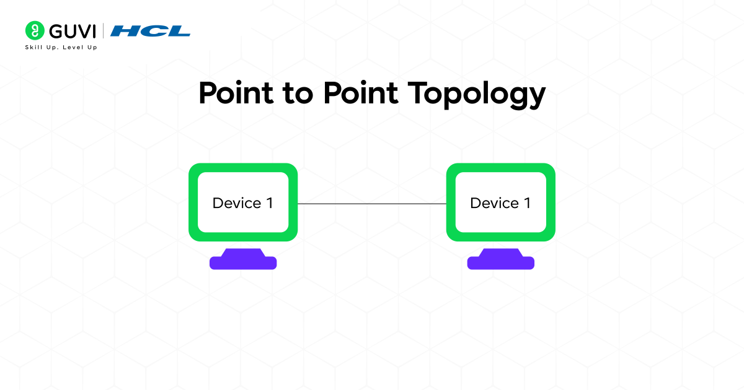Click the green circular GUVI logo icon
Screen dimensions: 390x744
click(x=35, y=30)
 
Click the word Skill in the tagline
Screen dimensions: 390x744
click(x=34, y=47)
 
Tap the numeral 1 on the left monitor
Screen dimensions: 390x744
click(x=269, y=203)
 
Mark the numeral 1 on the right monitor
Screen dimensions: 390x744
click(x=527, y=203)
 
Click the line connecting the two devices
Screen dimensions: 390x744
click(x=372, y=204)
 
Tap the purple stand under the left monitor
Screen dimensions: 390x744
click(x=243, y=261)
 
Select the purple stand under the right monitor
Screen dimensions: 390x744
click(x=501, y=261)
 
